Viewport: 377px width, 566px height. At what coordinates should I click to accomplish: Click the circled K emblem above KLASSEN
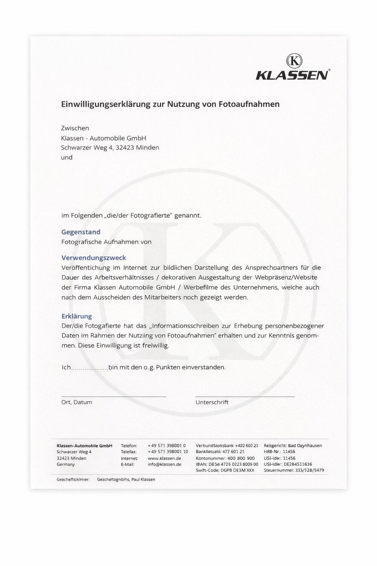coord(294,61)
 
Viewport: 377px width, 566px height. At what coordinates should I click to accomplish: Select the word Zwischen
coord(75,128)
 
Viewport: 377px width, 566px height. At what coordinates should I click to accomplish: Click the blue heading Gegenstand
coord(81,232)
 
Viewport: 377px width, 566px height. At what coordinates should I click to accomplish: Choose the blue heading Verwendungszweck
coord(93,258)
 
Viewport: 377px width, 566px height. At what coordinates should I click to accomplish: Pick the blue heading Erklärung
coord(77,316)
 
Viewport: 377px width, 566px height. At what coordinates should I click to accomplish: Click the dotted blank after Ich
coord(89,368)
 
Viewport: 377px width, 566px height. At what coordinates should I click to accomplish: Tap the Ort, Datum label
coord(77,402)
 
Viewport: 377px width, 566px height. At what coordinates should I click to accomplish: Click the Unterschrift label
coord(212,402)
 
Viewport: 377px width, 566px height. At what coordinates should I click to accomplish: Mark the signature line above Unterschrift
coord(245,397)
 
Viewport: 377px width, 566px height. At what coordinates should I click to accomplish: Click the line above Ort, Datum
coord(113,397)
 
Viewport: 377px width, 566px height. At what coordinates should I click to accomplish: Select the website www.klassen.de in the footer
coord(164,458)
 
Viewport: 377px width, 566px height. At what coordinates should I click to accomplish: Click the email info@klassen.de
coord(164,464)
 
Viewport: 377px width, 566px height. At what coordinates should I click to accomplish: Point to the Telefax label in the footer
coord(129,452)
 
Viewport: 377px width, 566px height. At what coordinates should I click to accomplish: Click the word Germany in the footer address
coord(66,464)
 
